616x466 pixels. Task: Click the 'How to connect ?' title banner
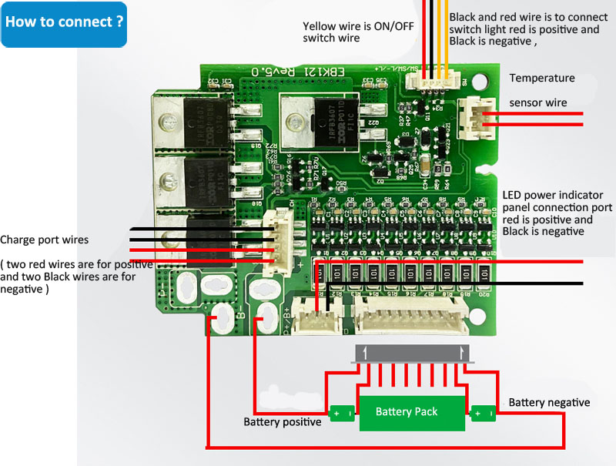pyautogui.click(x=64, y=22)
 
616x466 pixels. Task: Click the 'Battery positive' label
pyautogui.click(x=282, y=422)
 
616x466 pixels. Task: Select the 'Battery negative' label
pyautogui.click(x=549, y=402)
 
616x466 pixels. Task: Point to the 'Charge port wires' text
pyautogui.click(x=45, y=240)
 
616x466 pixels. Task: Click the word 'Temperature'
pyautogui.click(x=542, y=79)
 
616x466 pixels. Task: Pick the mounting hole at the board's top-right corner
pyautogui.click(x=483, y=80)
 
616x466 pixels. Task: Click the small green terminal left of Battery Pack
pyautogui.click(x=342, y=414)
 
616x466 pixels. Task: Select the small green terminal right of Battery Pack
pyautogui.click(x=483, y=414)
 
